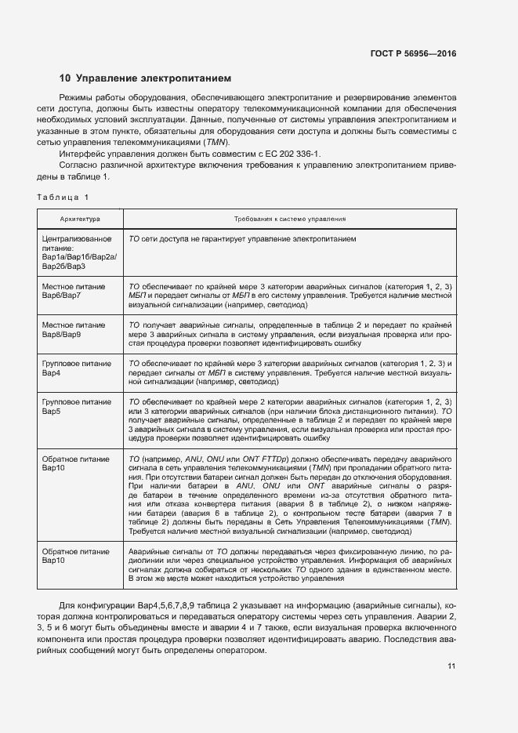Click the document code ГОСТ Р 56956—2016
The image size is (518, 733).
(x=412, y=54)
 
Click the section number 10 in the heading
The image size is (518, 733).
(x=65, y=78)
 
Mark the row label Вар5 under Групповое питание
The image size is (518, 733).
(x=52, y=411)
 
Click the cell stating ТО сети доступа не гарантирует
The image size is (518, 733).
(x=243, y=238)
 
